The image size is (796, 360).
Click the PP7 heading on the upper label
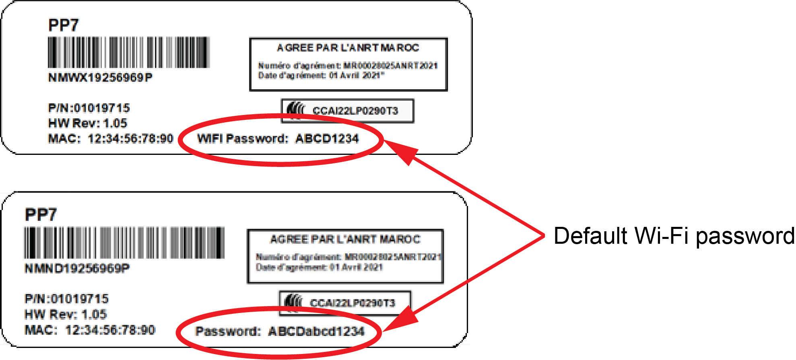63,25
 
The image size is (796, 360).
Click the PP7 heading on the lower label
41,215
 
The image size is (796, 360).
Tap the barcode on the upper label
129,52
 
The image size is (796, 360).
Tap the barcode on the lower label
124,243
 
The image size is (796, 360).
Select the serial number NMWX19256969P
100,78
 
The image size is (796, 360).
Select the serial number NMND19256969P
77,268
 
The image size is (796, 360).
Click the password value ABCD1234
327,139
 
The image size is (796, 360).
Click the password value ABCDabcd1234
316,331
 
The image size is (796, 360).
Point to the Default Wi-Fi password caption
674,236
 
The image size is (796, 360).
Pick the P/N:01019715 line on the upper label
89,108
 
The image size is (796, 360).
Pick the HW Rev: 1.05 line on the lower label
66,314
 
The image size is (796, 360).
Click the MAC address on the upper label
130,139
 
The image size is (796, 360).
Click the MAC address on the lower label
110,330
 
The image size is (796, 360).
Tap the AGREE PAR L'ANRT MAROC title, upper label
348,48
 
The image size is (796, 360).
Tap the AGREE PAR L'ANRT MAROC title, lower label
345,239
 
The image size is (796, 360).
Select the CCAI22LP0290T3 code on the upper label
355,111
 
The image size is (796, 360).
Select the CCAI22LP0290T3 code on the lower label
353,303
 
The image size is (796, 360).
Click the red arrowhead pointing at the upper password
400,151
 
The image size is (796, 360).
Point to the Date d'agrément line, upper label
321,75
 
